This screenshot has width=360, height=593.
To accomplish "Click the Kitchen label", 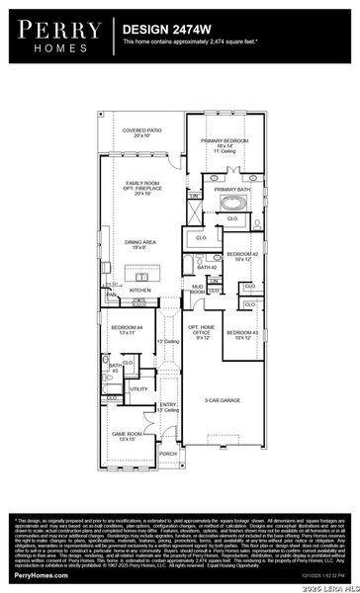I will coord(140,291).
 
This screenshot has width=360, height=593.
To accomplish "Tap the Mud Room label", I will coord(198,291).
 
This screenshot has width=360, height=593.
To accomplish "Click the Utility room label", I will coord(138,389).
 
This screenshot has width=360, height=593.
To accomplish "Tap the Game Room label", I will coord(127,436).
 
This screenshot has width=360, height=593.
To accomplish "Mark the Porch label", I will coord(168,454).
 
